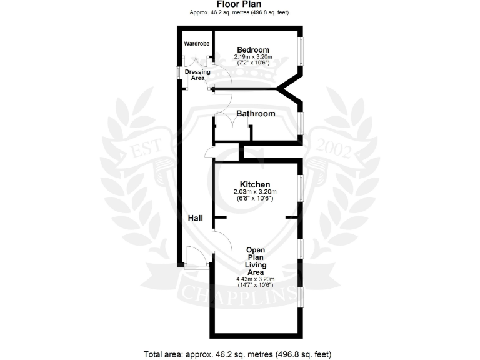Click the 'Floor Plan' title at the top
pyautogui.click(x=239, y=5)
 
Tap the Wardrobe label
pyautogui.click(x=196, y=44)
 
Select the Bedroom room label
pyautogui.click(x=253, y=50)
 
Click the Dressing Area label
pyautogui.click(x=197, y=74)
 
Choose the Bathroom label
pyautogui.click(x=256, y=114)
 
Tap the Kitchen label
pyautogui.click(x=255, y=184)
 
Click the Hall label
pyautogui.click(x=196, y=218)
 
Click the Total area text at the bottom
pyautogui.click(x=239, y=354)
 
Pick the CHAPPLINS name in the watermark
pyautogui.click(x=239, y=292)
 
